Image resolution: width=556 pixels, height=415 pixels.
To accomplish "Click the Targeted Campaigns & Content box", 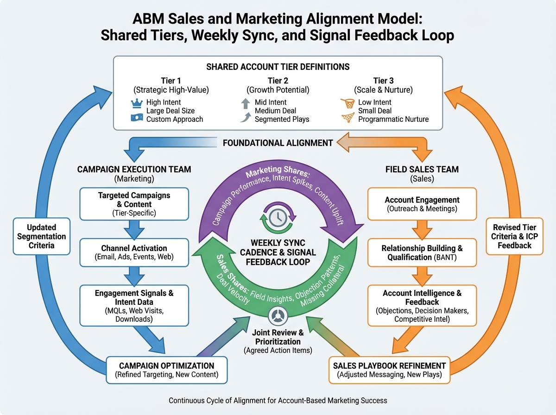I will pos(134,203).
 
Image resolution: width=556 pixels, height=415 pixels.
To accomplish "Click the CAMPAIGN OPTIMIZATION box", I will pos(167,370).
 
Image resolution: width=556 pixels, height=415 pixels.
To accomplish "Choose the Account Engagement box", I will pos(422,203).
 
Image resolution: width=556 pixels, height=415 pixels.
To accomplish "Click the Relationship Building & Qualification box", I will pos(422,253).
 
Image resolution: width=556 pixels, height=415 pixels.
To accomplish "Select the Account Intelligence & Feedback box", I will pos(422,306).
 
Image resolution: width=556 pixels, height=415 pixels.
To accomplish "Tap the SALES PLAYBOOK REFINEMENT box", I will pos(389,370).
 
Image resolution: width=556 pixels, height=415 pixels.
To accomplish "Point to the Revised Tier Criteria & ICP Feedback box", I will pos(514,236).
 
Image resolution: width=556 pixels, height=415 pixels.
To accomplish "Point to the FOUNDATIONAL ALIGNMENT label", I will pos(278,143).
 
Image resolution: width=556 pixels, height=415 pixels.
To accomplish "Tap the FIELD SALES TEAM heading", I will pos(422,170).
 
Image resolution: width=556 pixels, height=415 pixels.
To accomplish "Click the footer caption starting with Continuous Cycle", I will pos(278,400).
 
